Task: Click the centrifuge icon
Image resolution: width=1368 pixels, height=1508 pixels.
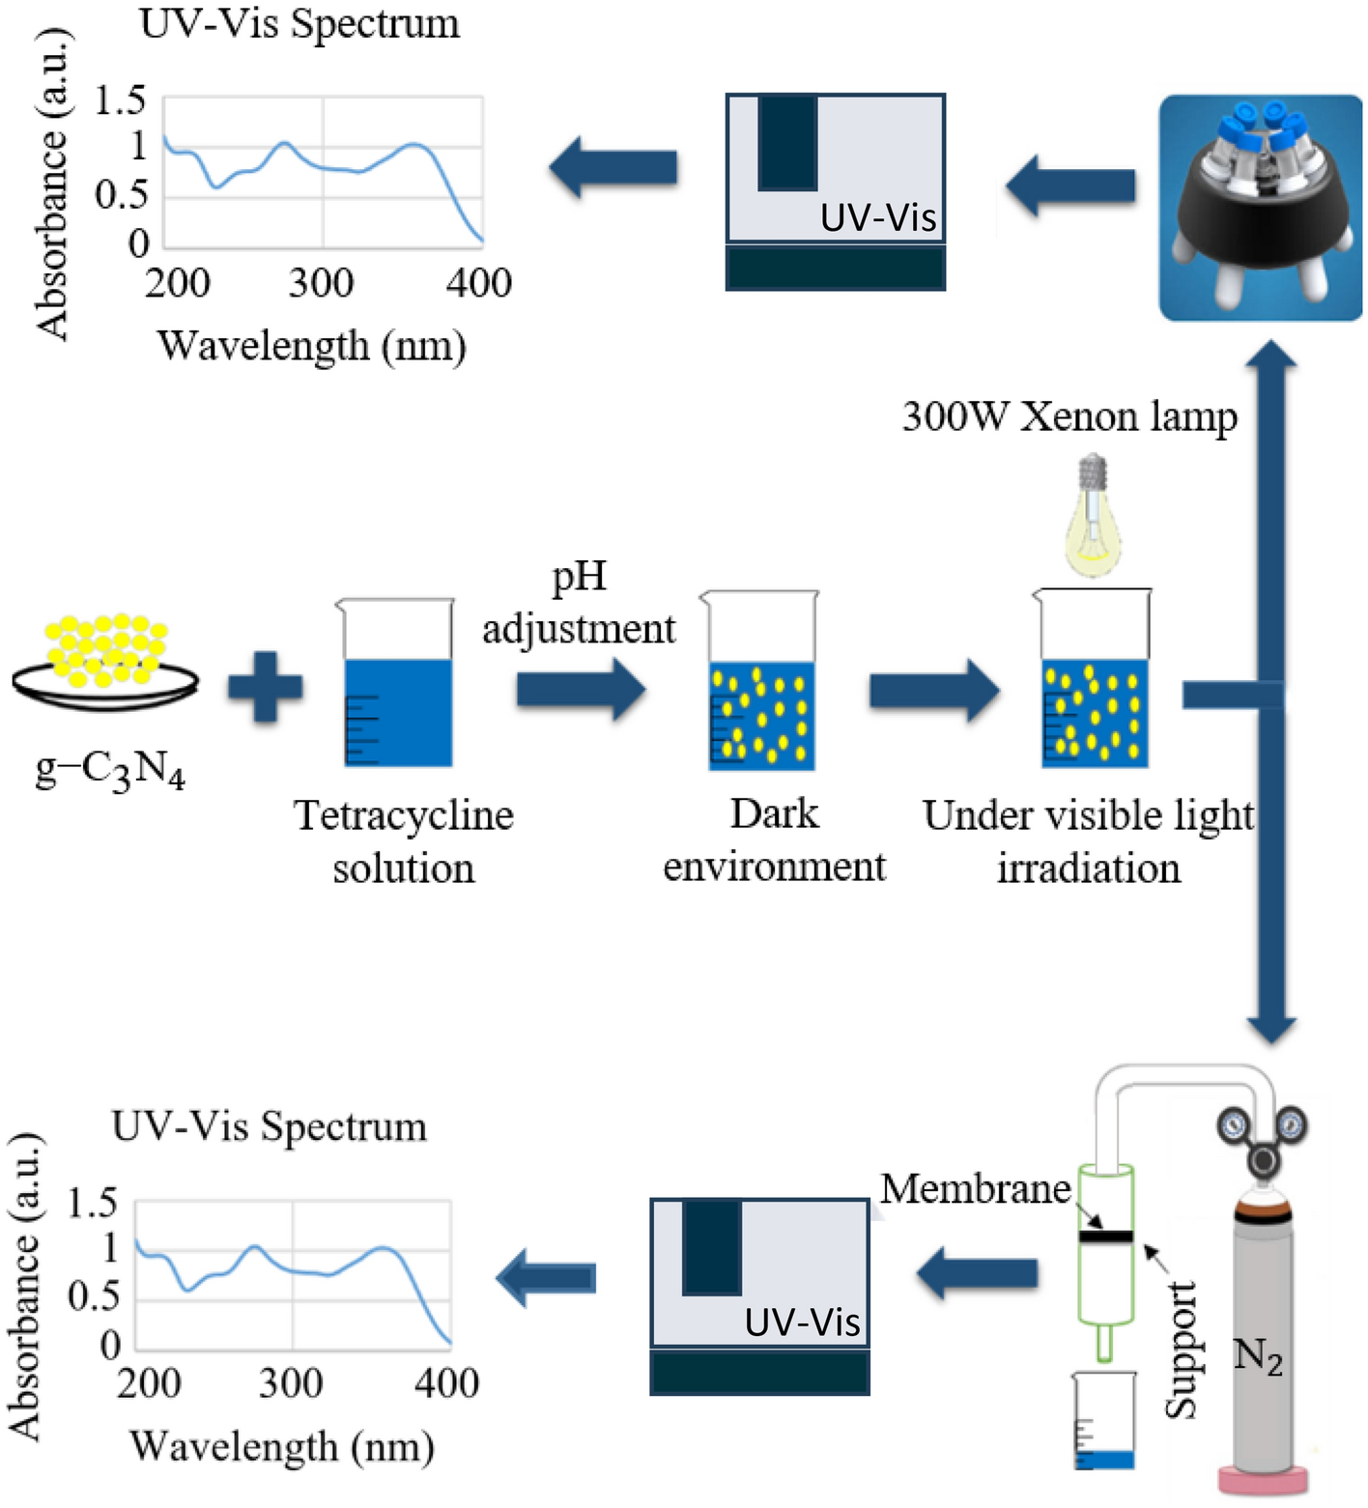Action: tap(1260, 207)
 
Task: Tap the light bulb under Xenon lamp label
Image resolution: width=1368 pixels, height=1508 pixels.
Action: tap(1093, 517)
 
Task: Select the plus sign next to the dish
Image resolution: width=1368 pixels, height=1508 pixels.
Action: tap(265, 688)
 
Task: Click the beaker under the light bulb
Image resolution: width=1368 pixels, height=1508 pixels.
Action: tap(1094, 680)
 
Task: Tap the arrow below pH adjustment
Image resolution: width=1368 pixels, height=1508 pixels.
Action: tap(580, 689)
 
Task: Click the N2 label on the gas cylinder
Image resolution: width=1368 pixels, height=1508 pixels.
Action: tap(1258, 1356)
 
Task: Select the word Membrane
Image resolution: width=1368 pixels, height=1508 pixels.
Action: tap(976, 1188)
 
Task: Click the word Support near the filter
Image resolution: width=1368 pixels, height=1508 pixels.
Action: tap(1181, 1350)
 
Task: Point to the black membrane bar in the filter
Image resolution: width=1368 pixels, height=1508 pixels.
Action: tap(1105, 1237)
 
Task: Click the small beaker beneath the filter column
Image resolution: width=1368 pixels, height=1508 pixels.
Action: tap(1104, 1421)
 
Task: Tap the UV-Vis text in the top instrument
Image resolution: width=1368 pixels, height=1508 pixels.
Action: tap(878, 217)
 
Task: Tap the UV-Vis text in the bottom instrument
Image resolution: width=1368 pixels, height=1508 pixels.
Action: tap(802, 1322)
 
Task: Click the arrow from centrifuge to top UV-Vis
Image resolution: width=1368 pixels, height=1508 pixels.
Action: tap(1070, 185)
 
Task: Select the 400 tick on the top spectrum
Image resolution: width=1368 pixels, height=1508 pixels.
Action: tap(478, 283)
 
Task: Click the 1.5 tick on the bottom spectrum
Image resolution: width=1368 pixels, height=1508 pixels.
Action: tap(92, 1204)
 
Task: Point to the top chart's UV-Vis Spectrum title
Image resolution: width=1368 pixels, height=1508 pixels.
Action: tap(299, 23)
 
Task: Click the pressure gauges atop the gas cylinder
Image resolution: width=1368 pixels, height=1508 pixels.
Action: tap(1262, 1130)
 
